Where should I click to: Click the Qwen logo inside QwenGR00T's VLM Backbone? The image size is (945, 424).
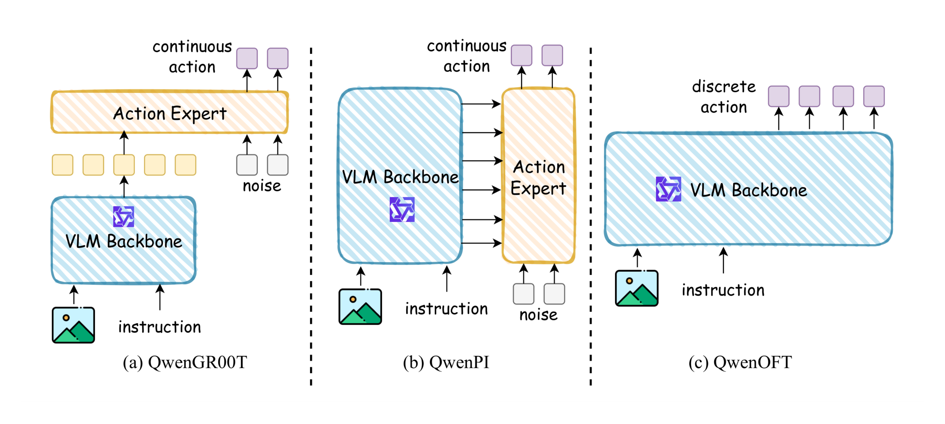click(124, 216)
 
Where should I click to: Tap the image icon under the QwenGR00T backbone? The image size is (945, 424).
click(73, 325)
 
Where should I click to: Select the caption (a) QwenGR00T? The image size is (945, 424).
click(185, 362)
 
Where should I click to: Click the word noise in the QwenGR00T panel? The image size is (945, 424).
click(262, 186)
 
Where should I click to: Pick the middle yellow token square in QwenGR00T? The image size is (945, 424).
click(124, 165)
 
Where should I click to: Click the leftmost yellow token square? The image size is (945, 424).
click(62, 165)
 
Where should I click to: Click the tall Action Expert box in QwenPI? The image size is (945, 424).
click(538, 176)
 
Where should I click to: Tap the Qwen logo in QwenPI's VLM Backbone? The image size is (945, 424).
click(402, 209)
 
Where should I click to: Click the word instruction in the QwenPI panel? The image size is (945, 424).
click(446, 309)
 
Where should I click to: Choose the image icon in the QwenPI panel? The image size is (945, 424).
click(360, 306)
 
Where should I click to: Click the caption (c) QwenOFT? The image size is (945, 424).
click(740, 362)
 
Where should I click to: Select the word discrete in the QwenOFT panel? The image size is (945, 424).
click(724, 87)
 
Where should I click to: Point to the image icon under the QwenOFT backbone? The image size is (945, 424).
click(637, 288)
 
